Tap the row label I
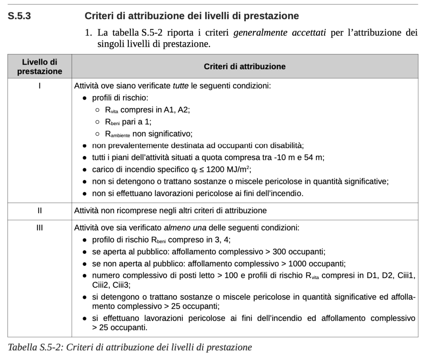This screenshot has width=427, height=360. coord(40,87)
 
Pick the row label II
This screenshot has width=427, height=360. coord(40,211)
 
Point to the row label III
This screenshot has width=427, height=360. coord(40,228)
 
